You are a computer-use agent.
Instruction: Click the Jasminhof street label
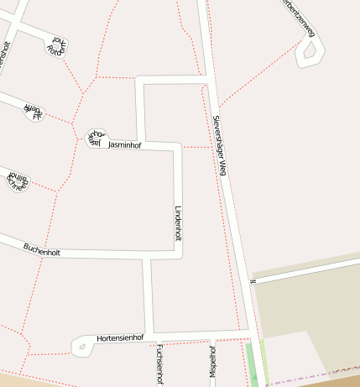(x=125, y=145)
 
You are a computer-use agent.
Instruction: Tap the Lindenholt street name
(x=177, y=222)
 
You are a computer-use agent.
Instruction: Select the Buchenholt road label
(x=42, y=249)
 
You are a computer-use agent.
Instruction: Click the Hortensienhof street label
(x=120, y=337)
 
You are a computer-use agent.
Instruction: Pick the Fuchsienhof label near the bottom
(x=159, y=363)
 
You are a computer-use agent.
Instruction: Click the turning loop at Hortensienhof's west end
(x=81, y=344)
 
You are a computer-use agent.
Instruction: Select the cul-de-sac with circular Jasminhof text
(x=95, y=137)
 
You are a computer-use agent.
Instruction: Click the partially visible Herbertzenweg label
(x=300, y=17)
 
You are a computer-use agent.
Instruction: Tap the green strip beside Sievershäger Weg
(x=251, y=363)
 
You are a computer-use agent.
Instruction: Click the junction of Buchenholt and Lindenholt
(x=179, y=254)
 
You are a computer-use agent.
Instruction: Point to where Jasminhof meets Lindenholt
(x=177, y=148)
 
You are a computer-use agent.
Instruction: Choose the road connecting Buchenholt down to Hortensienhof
(x=148, y=294)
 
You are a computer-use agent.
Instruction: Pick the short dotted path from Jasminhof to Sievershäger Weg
(x=197, y=147)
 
